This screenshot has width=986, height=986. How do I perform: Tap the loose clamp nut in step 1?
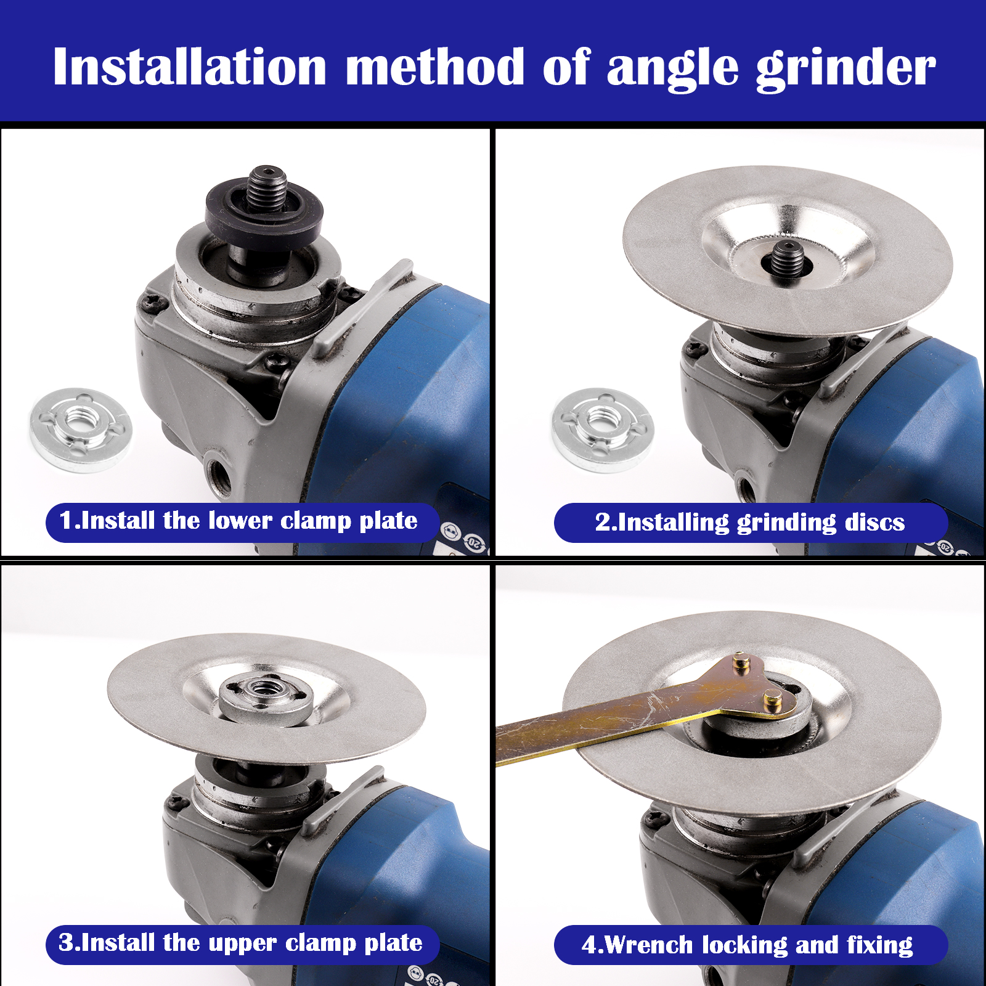point(80,430)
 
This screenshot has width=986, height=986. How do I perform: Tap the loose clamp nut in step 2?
point(602,430)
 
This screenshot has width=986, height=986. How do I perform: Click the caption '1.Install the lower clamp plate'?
point(238,521)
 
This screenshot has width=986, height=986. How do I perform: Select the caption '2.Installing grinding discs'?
point(750,523)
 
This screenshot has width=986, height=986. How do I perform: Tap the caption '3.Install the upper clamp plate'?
point(240,943)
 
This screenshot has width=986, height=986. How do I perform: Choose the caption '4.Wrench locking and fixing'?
point(748,945)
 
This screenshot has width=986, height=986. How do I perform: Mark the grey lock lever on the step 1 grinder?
point(361,308)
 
